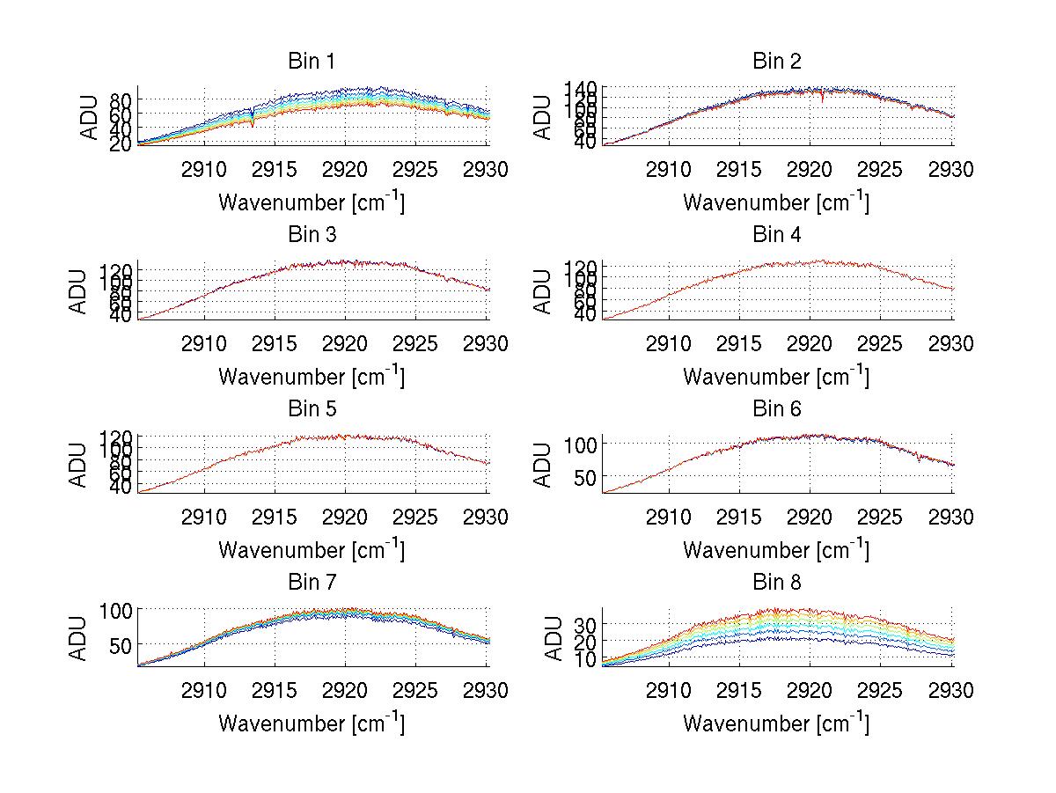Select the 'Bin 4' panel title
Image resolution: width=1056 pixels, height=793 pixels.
[776, 235]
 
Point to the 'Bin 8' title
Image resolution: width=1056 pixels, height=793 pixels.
[776, 583]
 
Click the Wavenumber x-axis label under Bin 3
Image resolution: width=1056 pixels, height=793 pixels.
[311, 376]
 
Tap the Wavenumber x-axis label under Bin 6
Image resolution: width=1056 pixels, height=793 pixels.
[776, 549]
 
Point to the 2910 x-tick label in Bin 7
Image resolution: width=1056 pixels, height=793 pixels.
[204, 690]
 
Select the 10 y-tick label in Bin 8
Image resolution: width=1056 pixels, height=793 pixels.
[585, 659]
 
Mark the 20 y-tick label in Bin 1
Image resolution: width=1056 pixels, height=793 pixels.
[121, 144]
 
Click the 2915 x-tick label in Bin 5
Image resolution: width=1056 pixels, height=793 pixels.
[275, 516]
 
